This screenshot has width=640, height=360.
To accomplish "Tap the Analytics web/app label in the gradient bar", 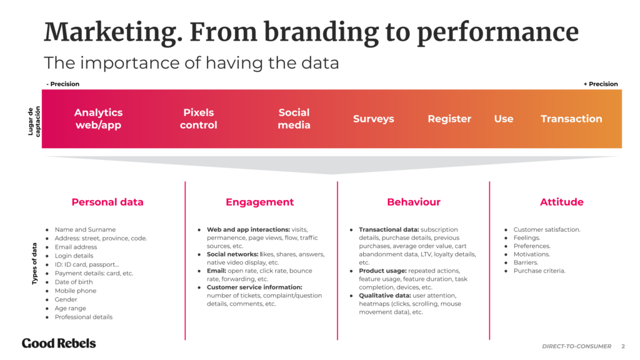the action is pos(99,119).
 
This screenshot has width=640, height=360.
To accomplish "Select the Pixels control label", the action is pos(199,119).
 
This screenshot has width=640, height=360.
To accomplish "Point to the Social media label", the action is pos(294,119).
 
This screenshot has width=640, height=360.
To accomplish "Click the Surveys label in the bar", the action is pos(374,119).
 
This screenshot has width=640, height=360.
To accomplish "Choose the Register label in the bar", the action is pos(449,119).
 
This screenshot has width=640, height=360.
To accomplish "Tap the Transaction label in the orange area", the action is pos(571,119).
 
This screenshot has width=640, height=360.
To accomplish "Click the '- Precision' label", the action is pos(62,84).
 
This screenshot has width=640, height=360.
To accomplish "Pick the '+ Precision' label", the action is pos(600,84).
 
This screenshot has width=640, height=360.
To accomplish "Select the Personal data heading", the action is pos(107,202).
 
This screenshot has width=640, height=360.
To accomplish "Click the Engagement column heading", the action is pos(259,202).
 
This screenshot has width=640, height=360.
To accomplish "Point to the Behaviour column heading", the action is pos(414,202).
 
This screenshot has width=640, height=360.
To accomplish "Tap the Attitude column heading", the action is pos(561,202).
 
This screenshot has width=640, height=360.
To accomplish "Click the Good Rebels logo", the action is pos(59,343).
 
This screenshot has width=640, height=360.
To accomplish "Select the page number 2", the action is pos(622,346).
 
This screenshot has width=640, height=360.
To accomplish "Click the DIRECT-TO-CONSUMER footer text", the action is pos(576,346).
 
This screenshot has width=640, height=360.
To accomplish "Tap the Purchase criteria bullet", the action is pos(539,271).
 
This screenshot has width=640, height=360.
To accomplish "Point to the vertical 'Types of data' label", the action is pos(35,263).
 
